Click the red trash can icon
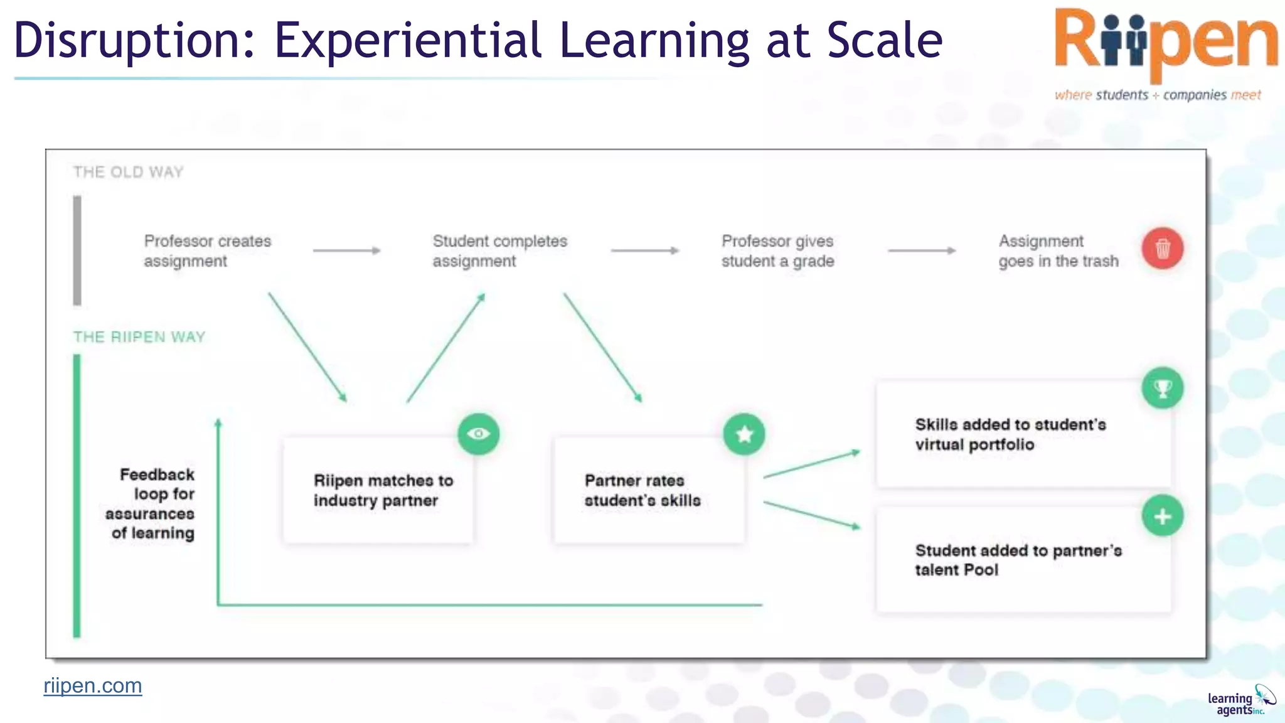tap(1162, 249)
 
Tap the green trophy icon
tap(1162, 388)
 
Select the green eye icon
tap(478, 434)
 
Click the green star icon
tap(744, 434)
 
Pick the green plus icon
tap(1162, 517)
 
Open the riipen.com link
tap(93, 686)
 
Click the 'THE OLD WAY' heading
tap(128, 172)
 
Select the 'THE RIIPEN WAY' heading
tap(139, 337)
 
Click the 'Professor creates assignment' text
tap(207, 251)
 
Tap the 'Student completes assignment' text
tap(499, 251)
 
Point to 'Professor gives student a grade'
tap(777, 251)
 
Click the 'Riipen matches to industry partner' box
tap(378, 491)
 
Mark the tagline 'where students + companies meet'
tap(1158, 95)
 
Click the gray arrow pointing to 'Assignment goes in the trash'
tap(922, 250)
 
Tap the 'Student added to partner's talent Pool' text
tap(1018, 560)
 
